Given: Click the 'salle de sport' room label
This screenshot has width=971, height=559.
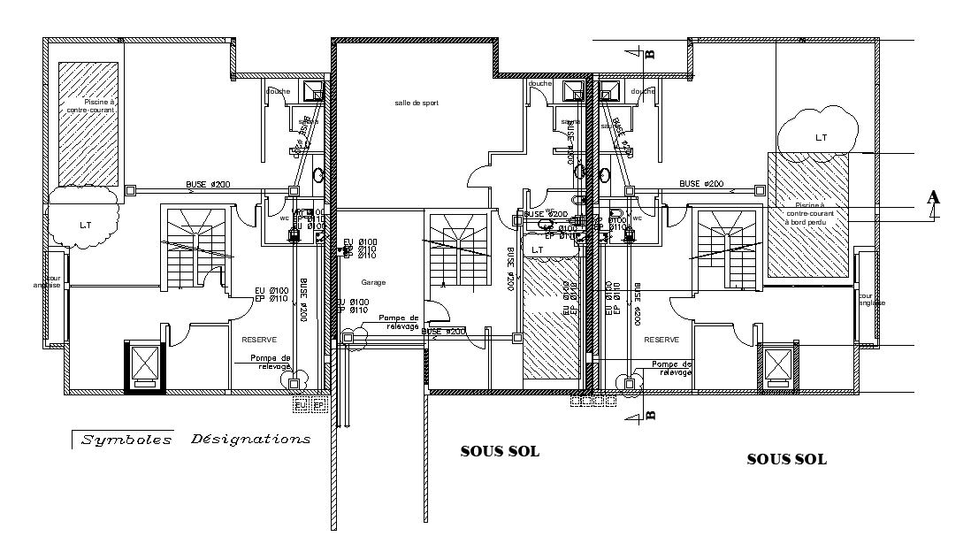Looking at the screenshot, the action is point(417,103).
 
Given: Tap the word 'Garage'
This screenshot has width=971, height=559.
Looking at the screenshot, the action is point(373,283).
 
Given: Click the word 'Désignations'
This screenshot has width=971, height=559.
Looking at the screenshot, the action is point(250,439).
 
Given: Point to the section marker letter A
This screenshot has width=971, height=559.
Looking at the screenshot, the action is point(933,197).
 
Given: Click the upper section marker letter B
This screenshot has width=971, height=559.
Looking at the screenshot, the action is point(650,53).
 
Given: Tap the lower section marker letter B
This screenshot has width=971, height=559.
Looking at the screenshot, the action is point(650,411).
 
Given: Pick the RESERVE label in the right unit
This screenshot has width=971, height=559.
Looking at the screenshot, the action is point(661,340).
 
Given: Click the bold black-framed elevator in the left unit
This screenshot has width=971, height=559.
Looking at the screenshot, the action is point(143,366).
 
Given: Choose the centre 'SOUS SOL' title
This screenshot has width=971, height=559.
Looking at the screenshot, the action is point(500,451).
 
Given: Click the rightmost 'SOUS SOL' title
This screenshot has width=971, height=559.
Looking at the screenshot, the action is point(786,459).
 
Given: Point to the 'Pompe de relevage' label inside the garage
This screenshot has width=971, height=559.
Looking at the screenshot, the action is point(398,321).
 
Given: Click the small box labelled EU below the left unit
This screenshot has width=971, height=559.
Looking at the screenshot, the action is point(301,404).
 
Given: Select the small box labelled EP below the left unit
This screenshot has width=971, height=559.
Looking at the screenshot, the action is point(319,404).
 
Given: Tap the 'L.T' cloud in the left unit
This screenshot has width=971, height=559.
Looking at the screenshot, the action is point(85,224).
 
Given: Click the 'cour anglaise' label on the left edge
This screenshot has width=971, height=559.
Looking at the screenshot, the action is point(46,281).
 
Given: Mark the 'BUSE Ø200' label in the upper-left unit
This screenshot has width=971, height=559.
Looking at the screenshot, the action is point(208,184).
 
